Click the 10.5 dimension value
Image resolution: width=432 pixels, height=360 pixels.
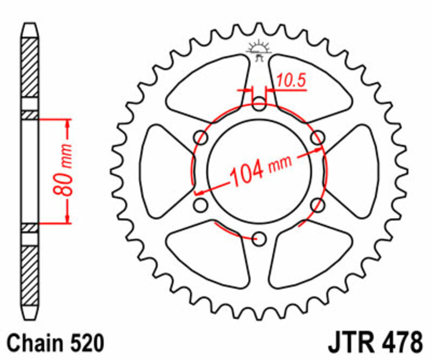[292, 81]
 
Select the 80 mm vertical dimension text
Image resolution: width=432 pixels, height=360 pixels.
[66, 170]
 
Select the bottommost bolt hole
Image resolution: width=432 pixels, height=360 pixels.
[260, 238]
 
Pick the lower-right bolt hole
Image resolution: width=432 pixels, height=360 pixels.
[318, 205]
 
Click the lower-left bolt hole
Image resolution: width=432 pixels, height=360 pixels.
[201, 205]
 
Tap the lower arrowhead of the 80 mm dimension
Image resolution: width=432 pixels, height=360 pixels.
[67, 218]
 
